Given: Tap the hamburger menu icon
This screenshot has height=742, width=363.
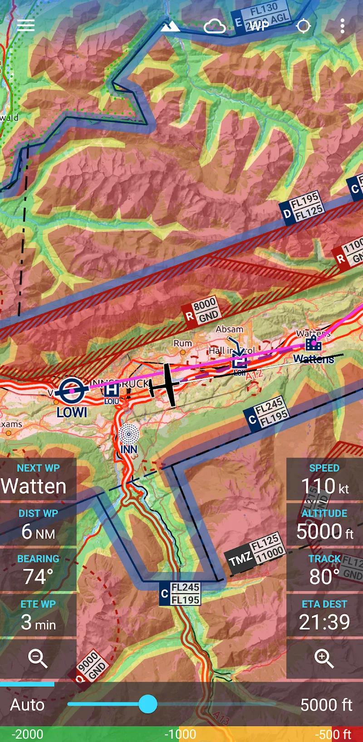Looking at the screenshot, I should click(x=26, y=25).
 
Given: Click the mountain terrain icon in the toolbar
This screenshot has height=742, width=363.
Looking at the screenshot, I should click(x=170, y=27).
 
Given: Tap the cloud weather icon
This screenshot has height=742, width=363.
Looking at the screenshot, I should click(x=215, y=27).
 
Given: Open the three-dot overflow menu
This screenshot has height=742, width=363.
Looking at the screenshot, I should click(x=342, y=26).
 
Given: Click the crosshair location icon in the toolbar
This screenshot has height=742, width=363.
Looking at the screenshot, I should click(x=303, y=26).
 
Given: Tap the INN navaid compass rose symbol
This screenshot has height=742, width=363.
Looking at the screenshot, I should click(x=129, y=434).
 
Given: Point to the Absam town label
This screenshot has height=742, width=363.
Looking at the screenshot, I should click(x=230, y=329).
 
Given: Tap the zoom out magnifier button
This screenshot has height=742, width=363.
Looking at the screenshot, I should click(x=38, y=658).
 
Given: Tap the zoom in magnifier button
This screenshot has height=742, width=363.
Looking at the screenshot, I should click(x=324, y=658).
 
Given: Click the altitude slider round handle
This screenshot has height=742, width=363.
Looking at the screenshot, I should click(x=147, y=704).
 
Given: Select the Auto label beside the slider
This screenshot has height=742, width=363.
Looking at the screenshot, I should click(x=27, y=704).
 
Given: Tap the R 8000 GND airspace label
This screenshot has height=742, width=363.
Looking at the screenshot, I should click(x=201, y=311).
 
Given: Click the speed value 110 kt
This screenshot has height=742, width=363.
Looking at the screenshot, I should click(x=324, y=487).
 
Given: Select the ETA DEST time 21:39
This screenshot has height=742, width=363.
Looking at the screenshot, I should click(x=324, y=622).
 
